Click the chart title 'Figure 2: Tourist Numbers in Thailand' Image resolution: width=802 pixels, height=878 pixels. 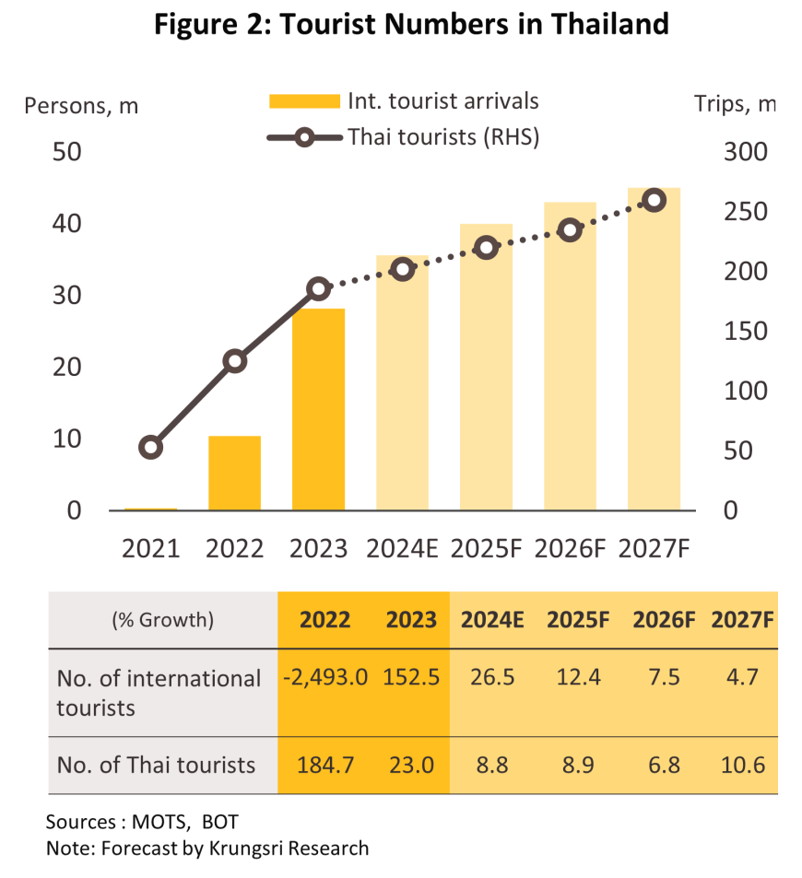point(410,25)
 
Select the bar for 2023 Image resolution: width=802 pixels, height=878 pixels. point(318,409)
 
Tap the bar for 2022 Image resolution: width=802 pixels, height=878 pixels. point(234,473)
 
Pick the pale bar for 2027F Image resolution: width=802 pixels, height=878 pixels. point(654,350)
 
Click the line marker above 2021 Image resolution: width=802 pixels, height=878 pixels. point(151,448)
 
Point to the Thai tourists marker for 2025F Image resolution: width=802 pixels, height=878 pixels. point(486,247)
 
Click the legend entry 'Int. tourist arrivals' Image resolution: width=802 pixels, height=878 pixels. point(442,100)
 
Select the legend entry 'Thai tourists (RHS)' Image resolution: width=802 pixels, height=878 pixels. point(442,137)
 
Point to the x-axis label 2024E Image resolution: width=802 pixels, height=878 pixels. point(402,549)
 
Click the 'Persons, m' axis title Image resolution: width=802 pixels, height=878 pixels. point(81,105)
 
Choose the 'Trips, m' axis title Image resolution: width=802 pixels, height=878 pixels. point(734,105)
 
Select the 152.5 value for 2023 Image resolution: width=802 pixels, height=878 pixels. point(411,677)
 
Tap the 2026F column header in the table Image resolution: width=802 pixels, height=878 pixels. point(663,620)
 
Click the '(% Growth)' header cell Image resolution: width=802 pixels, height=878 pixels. point(162,620)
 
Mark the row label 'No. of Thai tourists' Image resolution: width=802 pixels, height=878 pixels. point(156,765)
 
